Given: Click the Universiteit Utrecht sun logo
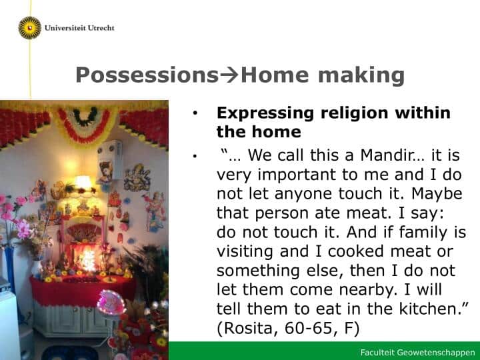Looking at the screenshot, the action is point(30,28).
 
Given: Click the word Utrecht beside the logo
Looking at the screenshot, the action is point(101,28).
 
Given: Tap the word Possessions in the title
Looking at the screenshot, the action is point(147,75).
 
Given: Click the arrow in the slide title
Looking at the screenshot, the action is point(229,75).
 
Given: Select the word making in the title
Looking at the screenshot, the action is point(361,75).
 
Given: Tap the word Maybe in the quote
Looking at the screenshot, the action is point(437,194).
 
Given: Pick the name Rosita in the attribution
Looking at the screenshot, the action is point(249,328).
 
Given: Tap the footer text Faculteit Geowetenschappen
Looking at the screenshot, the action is point(417,353).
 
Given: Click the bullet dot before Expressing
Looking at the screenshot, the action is point(195,113).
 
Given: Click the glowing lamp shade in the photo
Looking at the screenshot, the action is point(83,182).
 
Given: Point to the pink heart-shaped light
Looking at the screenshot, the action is point(111,303).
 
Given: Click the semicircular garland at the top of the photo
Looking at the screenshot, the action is point(85,124).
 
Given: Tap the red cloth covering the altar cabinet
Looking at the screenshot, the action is point(83,291).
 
